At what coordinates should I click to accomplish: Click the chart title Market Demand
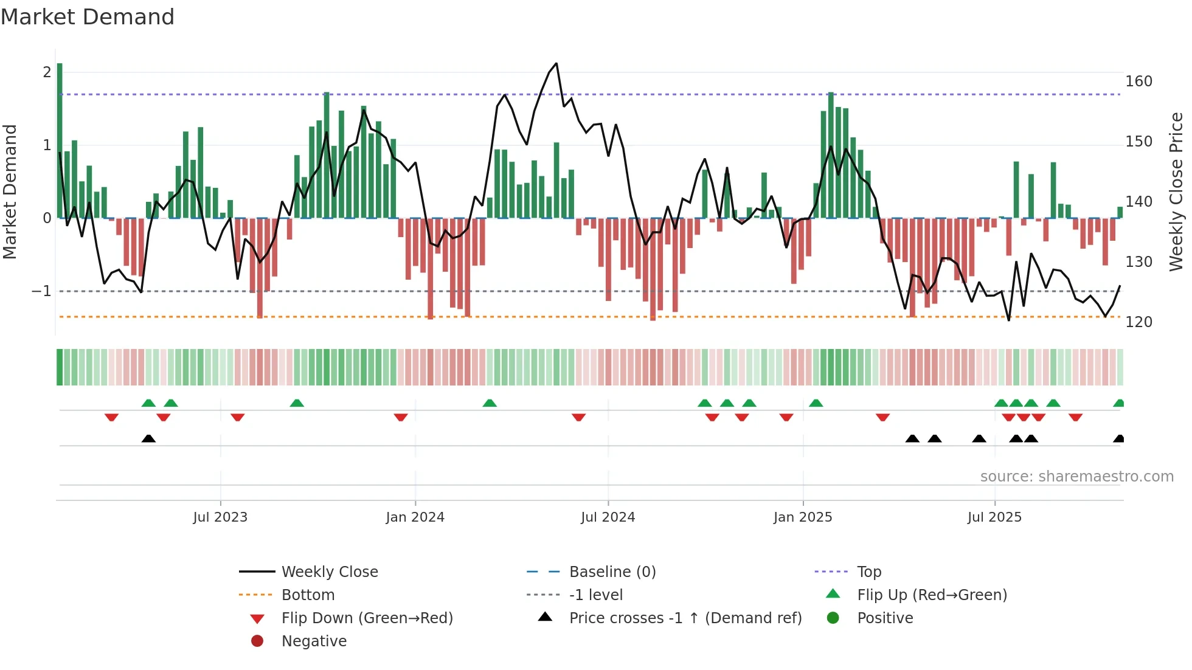click(88, 17)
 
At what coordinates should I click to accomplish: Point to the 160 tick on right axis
click(1138, 81)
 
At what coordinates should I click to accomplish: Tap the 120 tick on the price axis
click(1138, 322)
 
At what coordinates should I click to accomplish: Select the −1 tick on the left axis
click(42, 291)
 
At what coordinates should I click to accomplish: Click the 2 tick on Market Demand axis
click(47, 72)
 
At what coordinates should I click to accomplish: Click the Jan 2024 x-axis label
click(415, 517)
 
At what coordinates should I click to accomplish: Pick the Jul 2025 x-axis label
click(994, 517)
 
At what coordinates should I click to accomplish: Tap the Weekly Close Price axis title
click(1176, 192)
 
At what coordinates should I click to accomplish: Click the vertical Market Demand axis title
click(10, 192)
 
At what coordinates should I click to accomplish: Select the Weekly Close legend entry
click(330, 572)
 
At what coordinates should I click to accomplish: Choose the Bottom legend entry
click(308, 595)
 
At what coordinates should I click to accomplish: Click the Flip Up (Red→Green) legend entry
click(932, 595)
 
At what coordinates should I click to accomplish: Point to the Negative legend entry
click(314, 641)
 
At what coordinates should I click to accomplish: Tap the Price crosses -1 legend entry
click(685, 618)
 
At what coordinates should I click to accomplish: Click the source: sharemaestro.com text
click(1076, 477)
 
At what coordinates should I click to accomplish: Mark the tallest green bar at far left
click(60, 140)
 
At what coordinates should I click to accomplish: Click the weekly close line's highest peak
click(556, 64)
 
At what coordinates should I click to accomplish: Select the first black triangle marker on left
click(148, 438)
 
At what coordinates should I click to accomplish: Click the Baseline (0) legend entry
click(612, 572)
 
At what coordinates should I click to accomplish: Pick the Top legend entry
click(868, 572)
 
